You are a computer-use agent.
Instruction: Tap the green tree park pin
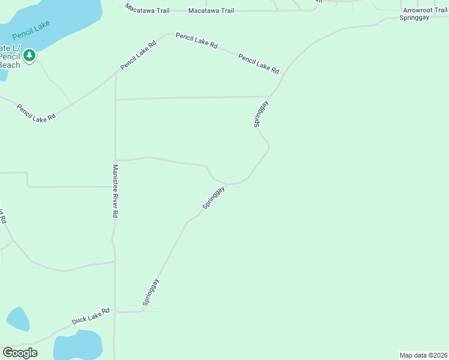29,56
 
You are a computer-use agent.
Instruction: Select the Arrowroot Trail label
425,10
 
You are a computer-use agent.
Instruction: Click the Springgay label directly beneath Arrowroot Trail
414,18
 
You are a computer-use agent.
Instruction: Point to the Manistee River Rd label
115,191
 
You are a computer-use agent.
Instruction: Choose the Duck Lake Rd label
91,316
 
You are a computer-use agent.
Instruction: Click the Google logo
20,353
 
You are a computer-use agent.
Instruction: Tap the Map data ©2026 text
423,355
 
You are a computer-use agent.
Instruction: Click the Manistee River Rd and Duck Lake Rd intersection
115,311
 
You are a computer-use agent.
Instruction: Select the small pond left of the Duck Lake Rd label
17,319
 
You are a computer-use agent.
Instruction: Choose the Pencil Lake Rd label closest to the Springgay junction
259,64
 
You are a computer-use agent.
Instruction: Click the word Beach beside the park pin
10,65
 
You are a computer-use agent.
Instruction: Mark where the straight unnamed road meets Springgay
270,96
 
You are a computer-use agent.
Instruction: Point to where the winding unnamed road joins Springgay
227,184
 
